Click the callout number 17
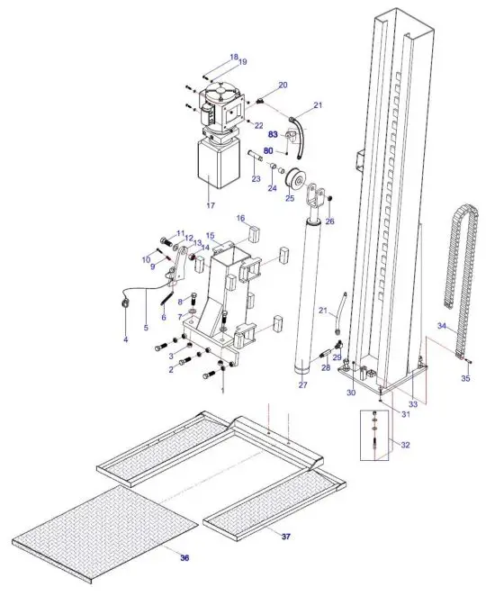point(211,205)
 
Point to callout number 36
point(184,558)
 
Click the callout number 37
point(285,537)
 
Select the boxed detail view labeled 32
point(377,435)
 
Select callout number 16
point(241,218)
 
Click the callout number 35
point(465,379)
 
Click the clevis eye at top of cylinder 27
point(317,198)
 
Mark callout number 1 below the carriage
point(222,389)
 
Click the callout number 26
point(329,221)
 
